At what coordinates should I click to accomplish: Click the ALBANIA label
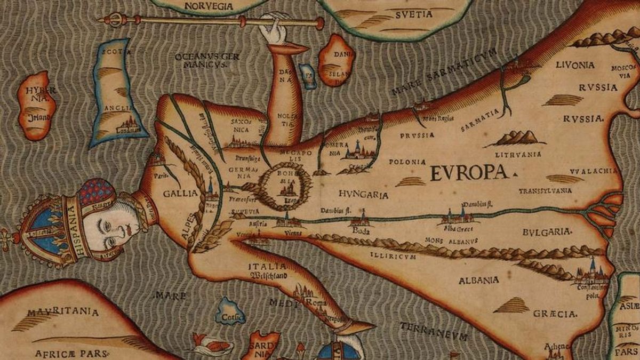tap(478, 279)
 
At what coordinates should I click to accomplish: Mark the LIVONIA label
tap(574, 65)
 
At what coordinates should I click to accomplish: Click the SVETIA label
tap(413, 15)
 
